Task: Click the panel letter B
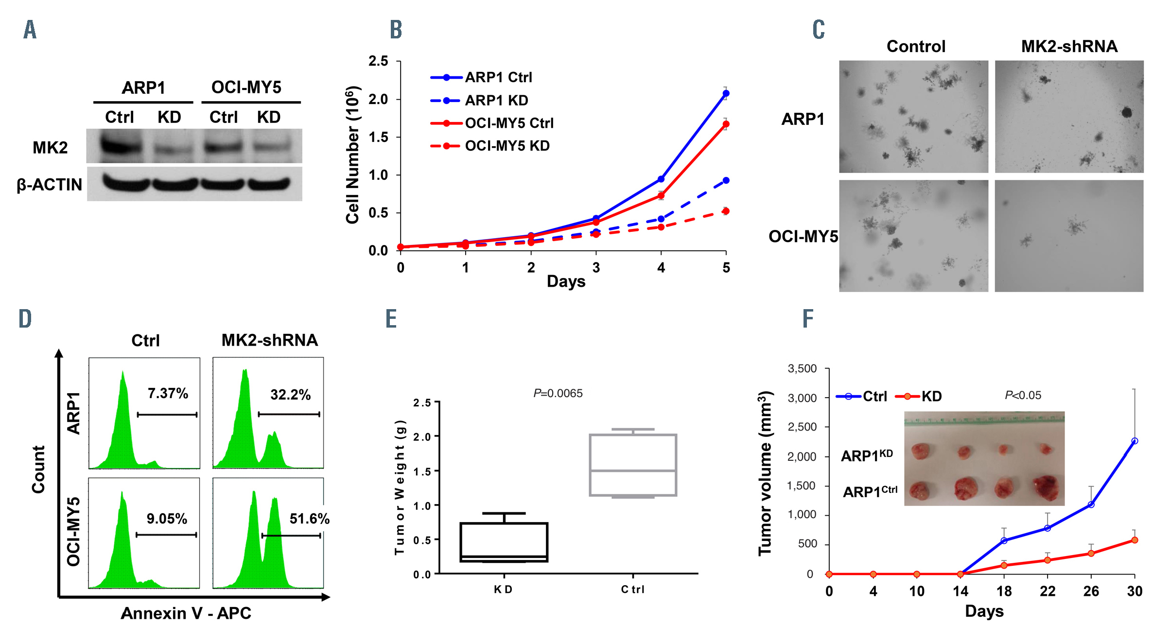(x=396, y=30)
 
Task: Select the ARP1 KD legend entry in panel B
(x=496, y=101)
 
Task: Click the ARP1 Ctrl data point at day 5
(x=726, y=93)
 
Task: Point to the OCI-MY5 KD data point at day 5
(x=726, y=211)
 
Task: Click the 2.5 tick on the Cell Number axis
(x=378, y=61)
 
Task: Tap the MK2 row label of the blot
(x=50, y=147)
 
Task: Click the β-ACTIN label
(x=49, y=185)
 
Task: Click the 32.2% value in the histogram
(x=290, y=395)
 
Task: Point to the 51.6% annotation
(x=309, y=519)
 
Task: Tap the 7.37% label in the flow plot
(x=168, y=393)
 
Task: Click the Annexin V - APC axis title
(x=186, y=613)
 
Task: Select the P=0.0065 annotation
(x=558, y=393)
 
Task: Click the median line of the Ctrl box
(x=633, y=470)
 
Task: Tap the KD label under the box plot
(x=503, y=590)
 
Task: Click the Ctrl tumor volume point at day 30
(x=1135, y=441)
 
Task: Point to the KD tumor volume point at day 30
(x=1135, y=540)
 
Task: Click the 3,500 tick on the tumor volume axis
(x=802, y=368)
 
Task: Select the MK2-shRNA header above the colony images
(x=1069, y=47)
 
